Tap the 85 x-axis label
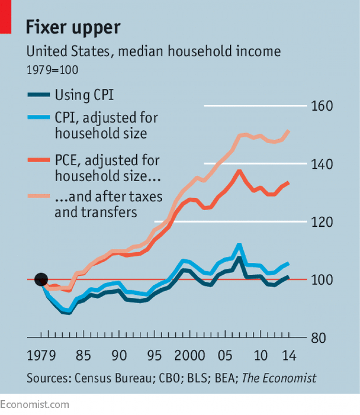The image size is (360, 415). click(83, 356)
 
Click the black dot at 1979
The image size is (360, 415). click(41, 279)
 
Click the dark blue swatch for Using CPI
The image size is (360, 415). click(39, 95)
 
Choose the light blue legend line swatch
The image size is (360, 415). click(39, 117)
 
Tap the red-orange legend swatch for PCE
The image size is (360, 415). click(39, 160)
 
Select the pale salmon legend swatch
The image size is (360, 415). click(39, 197)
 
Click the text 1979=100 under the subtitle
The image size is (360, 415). click(52, 70)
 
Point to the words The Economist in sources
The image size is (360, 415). click(279, 378)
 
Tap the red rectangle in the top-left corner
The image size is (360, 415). click(5, 17)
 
